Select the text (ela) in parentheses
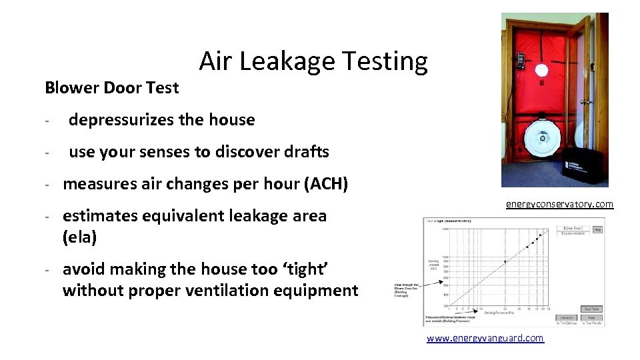pyautogui.click(x=79, y=237)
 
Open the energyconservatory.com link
pyautogui.click(x=559, y=204)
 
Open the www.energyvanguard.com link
pyautogui.click(x=485, y=339)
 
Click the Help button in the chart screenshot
pyautogui.click(x=597, y=229)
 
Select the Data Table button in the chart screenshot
pyautogui.click(x=591, y=309)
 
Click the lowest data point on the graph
pyautogui.click(x=505, y=261)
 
